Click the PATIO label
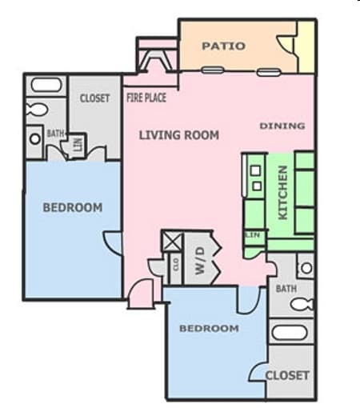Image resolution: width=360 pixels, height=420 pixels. (223, 46)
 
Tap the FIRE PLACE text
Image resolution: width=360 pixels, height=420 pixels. (146, 98)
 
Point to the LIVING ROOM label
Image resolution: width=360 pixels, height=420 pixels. (178, 135)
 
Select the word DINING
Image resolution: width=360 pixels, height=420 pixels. (282, 126)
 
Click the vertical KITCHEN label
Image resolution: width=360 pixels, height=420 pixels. (282, 192)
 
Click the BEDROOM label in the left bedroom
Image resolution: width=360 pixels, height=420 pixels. (72, 208)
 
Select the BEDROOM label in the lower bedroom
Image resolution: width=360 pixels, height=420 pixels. (208, 329)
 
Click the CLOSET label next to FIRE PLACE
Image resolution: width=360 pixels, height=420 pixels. (95, 98)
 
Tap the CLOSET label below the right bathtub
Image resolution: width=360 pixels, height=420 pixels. (286, 375)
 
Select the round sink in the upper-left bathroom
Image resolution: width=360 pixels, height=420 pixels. (34, 138)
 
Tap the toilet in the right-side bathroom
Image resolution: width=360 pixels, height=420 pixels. (302, 304)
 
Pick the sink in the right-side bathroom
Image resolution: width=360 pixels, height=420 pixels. (305, 266)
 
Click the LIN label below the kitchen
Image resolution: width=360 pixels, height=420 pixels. (254, 235)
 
